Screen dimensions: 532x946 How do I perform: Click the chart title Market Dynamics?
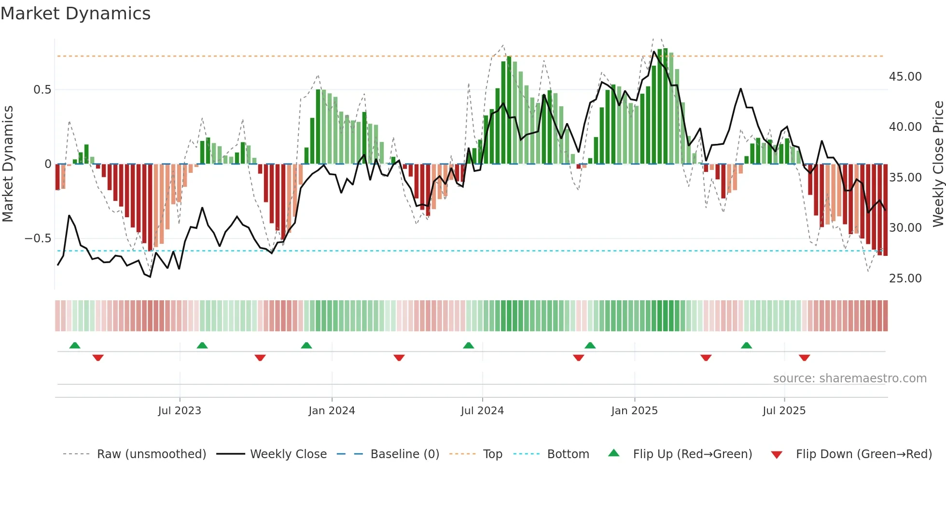pyautogui.click(x=75, y=14)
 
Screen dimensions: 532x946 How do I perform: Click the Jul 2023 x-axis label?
pyautogui.click(x=179, y=411)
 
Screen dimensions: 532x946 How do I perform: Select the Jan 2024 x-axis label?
pyautogui.click(x=332, y=411)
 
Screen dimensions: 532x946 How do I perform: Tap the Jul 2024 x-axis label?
pyautogui.click(x=482, y=411)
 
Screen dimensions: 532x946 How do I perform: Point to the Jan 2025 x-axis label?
pyautogui.click(x=634, y=411)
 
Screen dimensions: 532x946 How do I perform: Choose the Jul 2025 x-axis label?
pyautogui.click(x=784, y=411)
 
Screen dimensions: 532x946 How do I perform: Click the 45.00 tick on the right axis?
pyautogui.click(x=905, y=77)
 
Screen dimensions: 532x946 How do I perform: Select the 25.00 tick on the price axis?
pyautogui.click(x=905, y=279)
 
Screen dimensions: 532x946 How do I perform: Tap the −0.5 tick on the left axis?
pyautogui.click(x=38, y=238)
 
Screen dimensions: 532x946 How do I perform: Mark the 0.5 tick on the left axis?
pyautogui.click(x=42, y=90)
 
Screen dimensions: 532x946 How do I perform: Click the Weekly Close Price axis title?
pyautogui.click(x=938, y=164)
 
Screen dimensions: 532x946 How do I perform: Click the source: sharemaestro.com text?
pyautogui.click(x=849, y=378)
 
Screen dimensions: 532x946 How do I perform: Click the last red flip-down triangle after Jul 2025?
pyautogui.click(x=804, y=358)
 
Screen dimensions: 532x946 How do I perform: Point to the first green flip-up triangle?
pyautogui.click(x=75, y=345)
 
